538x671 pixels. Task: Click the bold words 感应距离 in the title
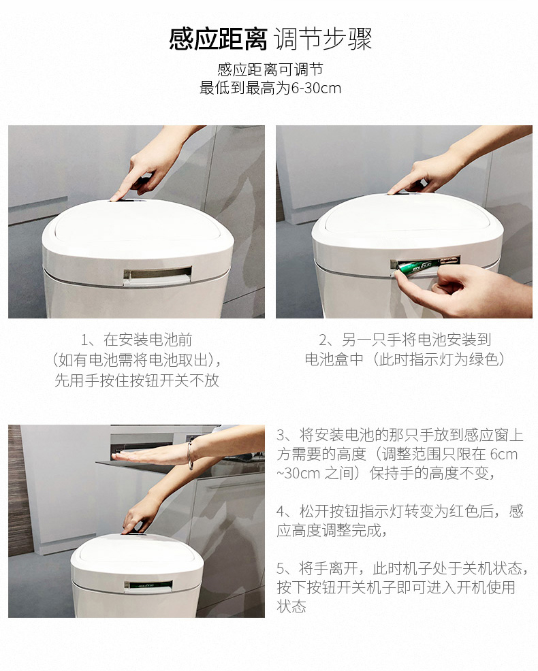218,39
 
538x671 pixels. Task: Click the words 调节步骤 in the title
323,39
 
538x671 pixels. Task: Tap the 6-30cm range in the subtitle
316,88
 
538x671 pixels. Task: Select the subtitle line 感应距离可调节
270,69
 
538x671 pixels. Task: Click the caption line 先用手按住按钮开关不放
137,380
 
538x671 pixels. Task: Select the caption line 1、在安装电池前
137,340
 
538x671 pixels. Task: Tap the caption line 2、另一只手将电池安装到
405,340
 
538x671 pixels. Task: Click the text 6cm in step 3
504,454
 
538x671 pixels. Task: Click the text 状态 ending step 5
291,607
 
